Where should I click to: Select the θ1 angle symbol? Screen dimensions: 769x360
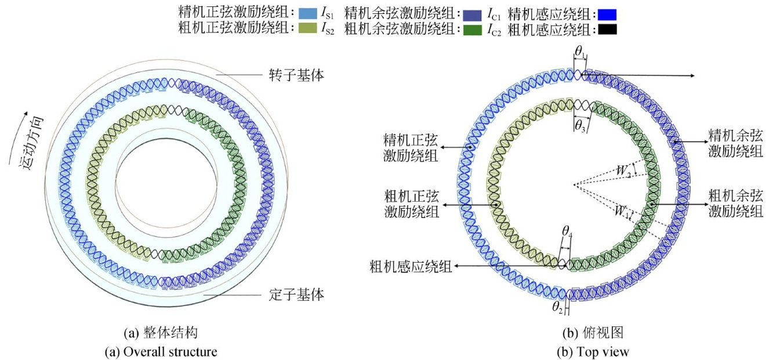pos(580,52)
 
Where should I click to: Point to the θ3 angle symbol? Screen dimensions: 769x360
pos(580,126)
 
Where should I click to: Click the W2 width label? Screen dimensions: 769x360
pos(623,172)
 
